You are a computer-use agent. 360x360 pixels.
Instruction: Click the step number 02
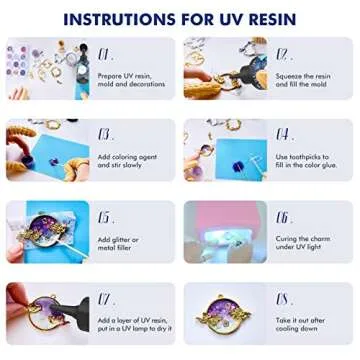click(x=283, y=53)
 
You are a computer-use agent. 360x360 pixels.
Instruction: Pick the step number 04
click(x=283, y=134)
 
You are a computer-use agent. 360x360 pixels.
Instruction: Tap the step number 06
click(x=283, y=216)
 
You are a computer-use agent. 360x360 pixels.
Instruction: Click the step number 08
click(x=283, y=298)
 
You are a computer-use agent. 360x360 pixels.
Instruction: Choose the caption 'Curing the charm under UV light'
click(x=306, y=245)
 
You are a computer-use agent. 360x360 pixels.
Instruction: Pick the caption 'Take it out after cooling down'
click(x=305, y=327)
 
